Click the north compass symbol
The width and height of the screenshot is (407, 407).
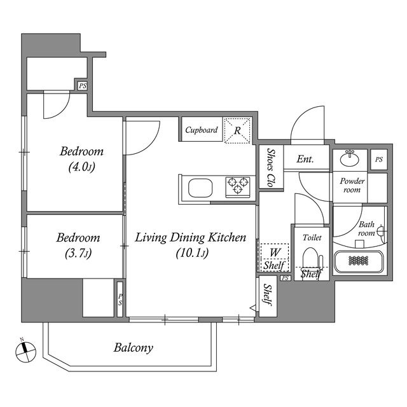click(x=25, y=352)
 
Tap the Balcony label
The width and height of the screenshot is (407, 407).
click(x=133, y=348)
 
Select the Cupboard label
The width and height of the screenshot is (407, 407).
click(x=202, y=130)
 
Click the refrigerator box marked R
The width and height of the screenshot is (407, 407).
click(x=237, y=130)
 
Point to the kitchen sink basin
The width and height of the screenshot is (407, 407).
click(x=200, y=188)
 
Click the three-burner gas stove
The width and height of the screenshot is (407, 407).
click(x=237, y=187)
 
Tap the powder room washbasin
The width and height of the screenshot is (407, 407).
click(x=349, y=158)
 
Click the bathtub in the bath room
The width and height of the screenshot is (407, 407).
click(x=359, y=261)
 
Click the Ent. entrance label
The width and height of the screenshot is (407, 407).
click(x=305, y=159)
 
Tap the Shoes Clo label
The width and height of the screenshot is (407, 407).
click(x=271, y=168)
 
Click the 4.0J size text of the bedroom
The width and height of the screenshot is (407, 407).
click(x=81, y=167)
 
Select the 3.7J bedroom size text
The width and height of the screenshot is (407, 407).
click(x=78, y=253)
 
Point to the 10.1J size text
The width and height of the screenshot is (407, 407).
click(x=192, y=252)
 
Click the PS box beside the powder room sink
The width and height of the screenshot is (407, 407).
click(x=379, y=160)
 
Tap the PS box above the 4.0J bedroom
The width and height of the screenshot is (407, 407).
click(x=83, y=86)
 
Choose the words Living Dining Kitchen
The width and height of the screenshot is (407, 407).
click(x=190, y=237)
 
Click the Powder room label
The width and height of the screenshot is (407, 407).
click(x=352, y=185)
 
